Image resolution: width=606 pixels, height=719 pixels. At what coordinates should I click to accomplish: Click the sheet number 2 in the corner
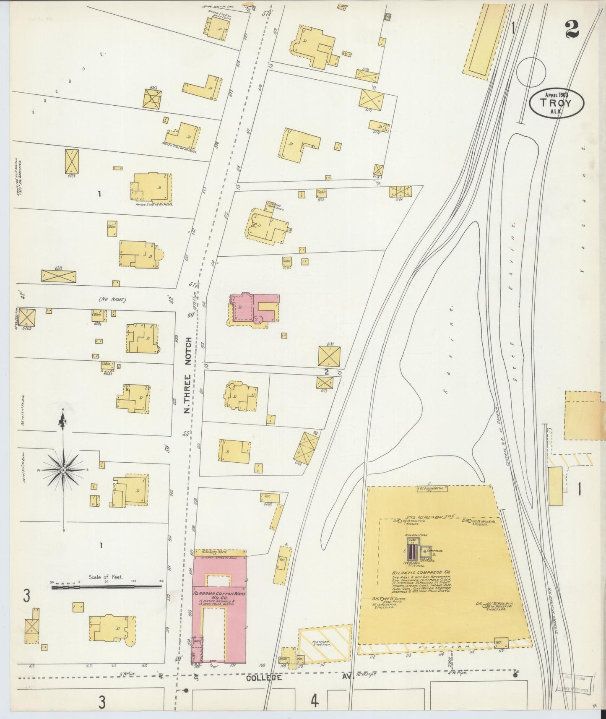coord(572,29)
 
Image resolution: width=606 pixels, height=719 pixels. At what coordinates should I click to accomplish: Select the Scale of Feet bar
coord(107,587)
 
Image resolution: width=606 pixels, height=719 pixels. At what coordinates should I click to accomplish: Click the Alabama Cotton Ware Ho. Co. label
coord(219,597)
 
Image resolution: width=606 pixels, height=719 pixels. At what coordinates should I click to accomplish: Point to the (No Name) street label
coord(112,300)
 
